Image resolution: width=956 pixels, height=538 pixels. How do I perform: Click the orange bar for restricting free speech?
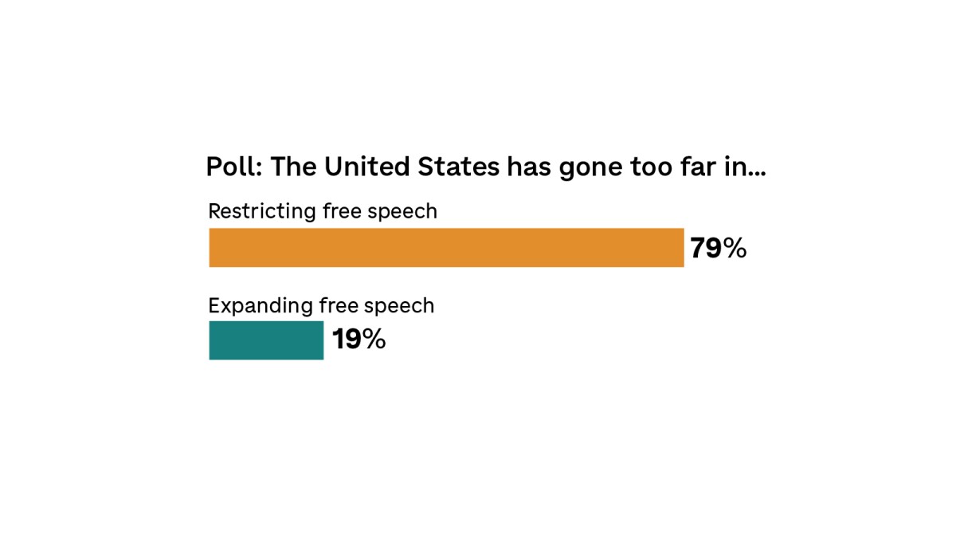point(446,248)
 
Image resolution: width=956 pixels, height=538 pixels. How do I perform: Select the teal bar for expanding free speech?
point(266,340)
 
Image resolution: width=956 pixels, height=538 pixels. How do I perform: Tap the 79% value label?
point(718,249)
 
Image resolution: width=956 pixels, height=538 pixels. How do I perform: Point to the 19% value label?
point(358,340)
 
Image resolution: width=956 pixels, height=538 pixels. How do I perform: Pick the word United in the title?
point(362,168)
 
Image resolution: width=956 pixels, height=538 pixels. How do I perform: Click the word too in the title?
point(652,168)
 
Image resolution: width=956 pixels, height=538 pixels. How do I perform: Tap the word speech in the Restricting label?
point(406,212)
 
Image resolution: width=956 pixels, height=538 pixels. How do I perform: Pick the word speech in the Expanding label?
point(403,306)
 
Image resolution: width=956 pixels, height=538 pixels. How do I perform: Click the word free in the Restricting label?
point(340,211)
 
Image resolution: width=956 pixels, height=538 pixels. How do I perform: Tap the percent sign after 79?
point(735,249)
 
